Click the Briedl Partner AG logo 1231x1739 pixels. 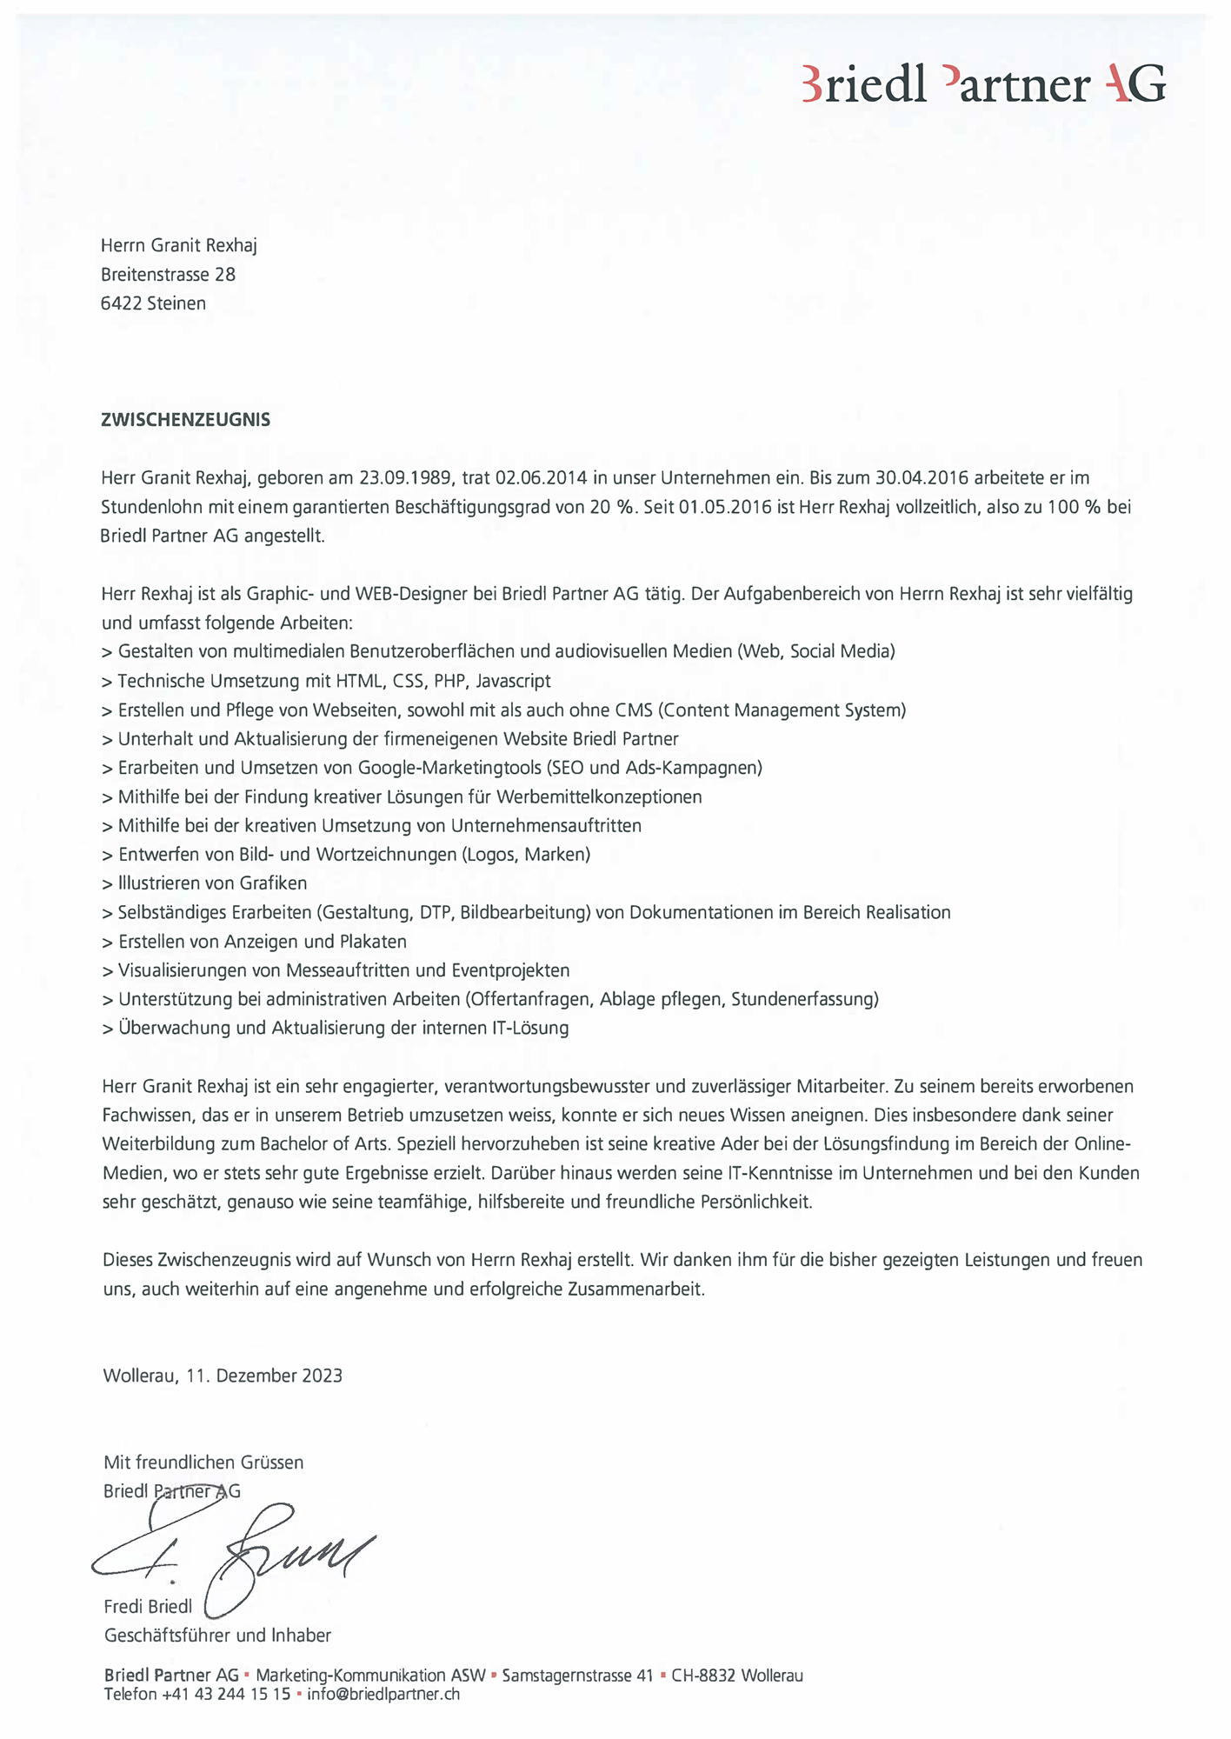(982, 85)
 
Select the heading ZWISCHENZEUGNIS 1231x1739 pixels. (185, 420)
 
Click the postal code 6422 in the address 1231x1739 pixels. (122, 303)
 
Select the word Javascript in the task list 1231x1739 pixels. (513, 681)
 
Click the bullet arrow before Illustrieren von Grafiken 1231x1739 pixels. (107, 884)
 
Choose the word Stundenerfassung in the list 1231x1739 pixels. (802, 999)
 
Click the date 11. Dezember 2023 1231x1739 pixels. (263, 1376)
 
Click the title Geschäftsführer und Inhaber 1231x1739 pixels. (217, 1636)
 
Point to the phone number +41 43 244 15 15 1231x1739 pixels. (226, 1694)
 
